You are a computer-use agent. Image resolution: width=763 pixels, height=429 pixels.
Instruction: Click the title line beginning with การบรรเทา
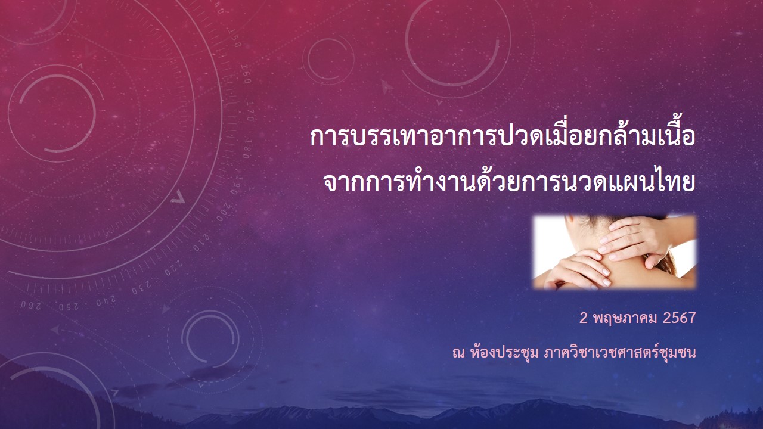point(503,136)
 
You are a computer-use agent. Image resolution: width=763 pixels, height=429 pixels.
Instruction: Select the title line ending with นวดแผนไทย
point(509,182)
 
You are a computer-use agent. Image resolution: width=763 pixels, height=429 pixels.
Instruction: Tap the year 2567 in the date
point(679,318)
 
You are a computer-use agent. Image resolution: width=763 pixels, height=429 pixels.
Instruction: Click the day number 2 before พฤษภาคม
point(584,318)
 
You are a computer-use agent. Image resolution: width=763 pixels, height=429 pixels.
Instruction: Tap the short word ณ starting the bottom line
point(458,353)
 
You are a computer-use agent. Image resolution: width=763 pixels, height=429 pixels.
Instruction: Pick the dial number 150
point(234,38)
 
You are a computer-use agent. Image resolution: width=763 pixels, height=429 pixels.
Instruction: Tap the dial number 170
point(250,111)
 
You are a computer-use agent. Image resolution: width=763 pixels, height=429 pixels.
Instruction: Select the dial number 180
point(247,149)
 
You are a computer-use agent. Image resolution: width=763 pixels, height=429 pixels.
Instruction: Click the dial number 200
point(224,212)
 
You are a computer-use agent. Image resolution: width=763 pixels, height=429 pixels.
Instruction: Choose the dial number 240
point(106,300)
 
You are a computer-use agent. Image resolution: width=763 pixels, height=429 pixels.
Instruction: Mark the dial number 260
point(31,305)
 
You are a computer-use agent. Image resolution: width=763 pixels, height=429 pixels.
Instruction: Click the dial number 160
point(246,74)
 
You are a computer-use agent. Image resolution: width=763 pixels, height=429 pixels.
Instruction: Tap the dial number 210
point(201,242)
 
